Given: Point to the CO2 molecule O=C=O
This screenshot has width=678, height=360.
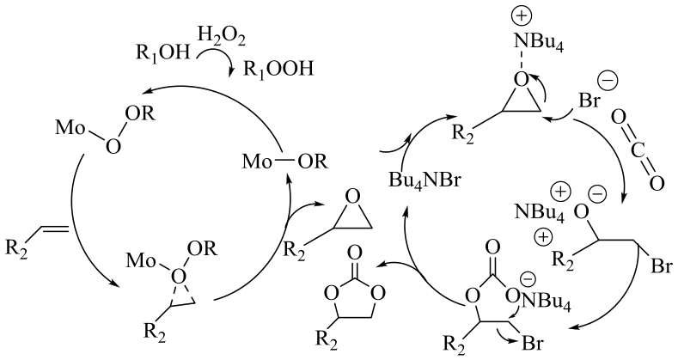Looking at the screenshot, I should [632, 150].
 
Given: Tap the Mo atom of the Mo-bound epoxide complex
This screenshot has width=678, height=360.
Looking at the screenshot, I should [138, 259].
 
